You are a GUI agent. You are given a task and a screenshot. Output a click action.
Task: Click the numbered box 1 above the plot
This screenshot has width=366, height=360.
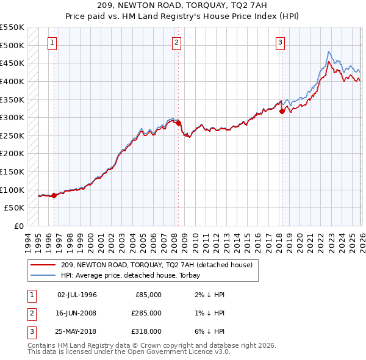click(x=52, y=43)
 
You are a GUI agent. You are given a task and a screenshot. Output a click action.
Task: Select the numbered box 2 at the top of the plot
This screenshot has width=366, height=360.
click(x=176, y=43)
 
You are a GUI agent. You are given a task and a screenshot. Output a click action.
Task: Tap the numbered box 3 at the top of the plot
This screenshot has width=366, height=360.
click(x=279, y=43)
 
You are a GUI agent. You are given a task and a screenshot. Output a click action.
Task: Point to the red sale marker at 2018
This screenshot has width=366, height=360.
click(x=282, y=111)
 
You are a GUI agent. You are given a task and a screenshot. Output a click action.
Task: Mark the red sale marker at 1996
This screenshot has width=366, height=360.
click(x=54, y=195)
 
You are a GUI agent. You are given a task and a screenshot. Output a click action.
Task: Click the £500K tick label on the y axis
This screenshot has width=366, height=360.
click(x=12, y=45)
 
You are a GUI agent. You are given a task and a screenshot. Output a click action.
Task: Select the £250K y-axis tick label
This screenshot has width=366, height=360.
click(x=12, y=135)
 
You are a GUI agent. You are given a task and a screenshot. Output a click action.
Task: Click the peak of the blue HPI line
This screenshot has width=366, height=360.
click(x=329, y=52)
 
